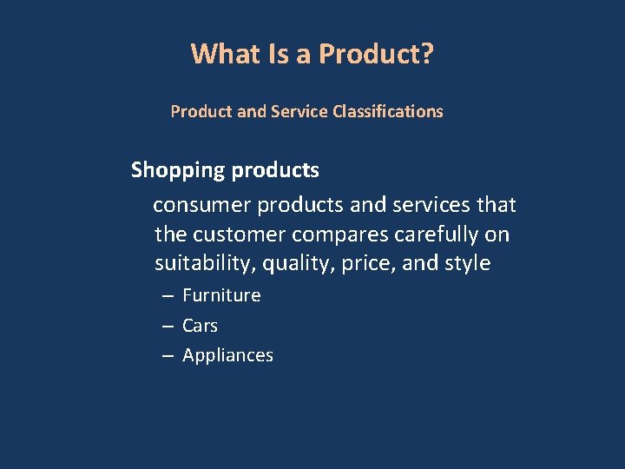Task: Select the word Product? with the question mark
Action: pos(377,54)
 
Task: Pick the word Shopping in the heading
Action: pos(177,170)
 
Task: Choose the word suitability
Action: pos(199,263)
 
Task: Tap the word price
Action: pos(365,263)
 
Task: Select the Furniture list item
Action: pos(221,295)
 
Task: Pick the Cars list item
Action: pos(200,326)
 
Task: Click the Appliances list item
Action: pos(227,355)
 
